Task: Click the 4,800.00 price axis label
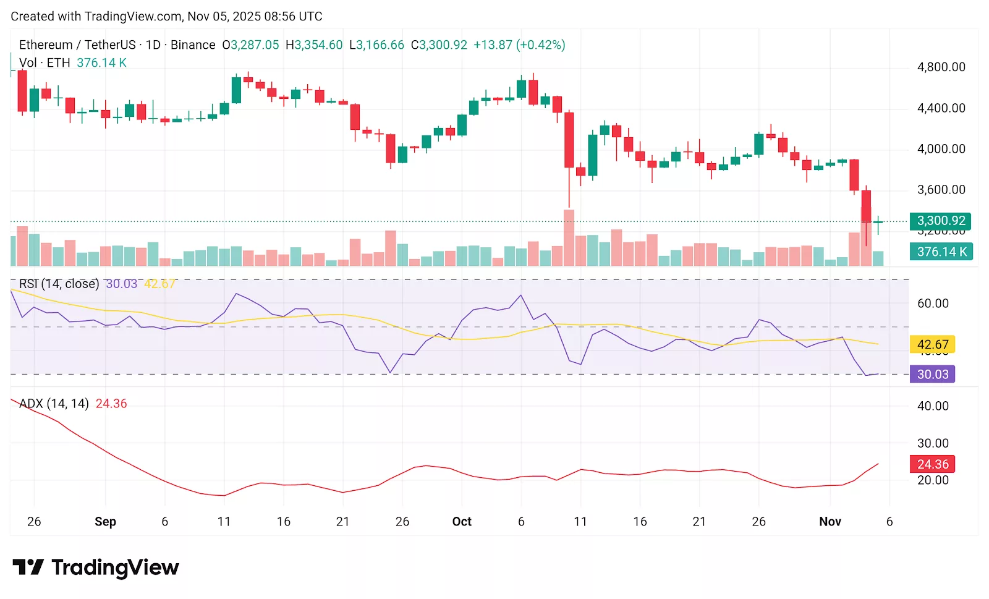(x=941, y=67)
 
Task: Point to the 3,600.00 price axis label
(x=941, y=190)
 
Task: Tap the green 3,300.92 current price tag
(x=940, y=221)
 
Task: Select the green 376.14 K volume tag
(x=941, y=252)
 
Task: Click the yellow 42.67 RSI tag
(x=932, y=344)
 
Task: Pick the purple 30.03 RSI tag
(x=932, y=374)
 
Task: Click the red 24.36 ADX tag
(x=932, y=464)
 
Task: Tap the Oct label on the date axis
(x=462, y=521)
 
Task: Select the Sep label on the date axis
(x=105, y=521)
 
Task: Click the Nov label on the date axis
(x=830, y=521)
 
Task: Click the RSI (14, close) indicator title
(x=59, y=284)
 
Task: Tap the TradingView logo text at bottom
(x=115, y=567)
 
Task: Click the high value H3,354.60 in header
(x=314, y=45)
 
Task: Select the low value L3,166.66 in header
(x=376, y=45)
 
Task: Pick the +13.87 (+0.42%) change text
(x=519, y=45)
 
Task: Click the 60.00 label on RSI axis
(x=933, y=304)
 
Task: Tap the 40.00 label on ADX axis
(x=933, y=406)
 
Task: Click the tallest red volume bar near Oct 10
(x=569, y=238)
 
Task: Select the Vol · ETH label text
(x=45, y=62)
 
